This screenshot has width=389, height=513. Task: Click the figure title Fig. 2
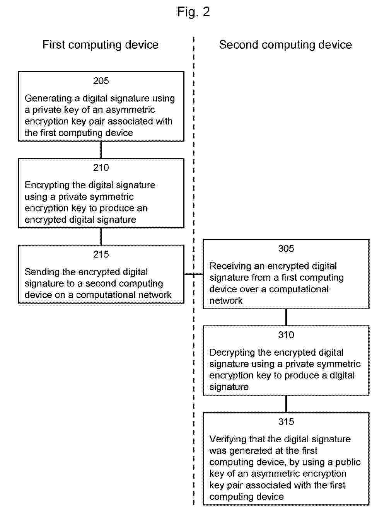click(194, 12)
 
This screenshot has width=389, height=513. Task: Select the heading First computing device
click(101, 45)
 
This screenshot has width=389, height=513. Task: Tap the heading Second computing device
click(285, 45)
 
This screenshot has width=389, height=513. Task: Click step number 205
click(101, 81)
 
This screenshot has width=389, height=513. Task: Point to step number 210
click(101, 167)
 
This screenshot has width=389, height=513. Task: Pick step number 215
click(101, 254)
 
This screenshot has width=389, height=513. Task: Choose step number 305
click(286, 249)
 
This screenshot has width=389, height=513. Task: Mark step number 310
click(286, 335)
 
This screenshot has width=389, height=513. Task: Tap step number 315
click(286, 421)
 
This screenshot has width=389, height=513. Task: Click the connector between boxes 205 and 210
click(101, 150)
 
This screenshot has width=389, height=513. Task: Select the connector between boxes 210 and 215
click(101, 237)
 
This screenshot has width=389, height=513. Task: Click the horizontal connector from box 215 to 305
click(194, 274)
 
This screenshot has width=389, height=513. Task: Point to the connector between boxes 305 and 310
click(286, 317)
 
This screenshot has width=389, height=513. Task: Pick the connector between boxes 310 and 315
click(286, 404)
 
